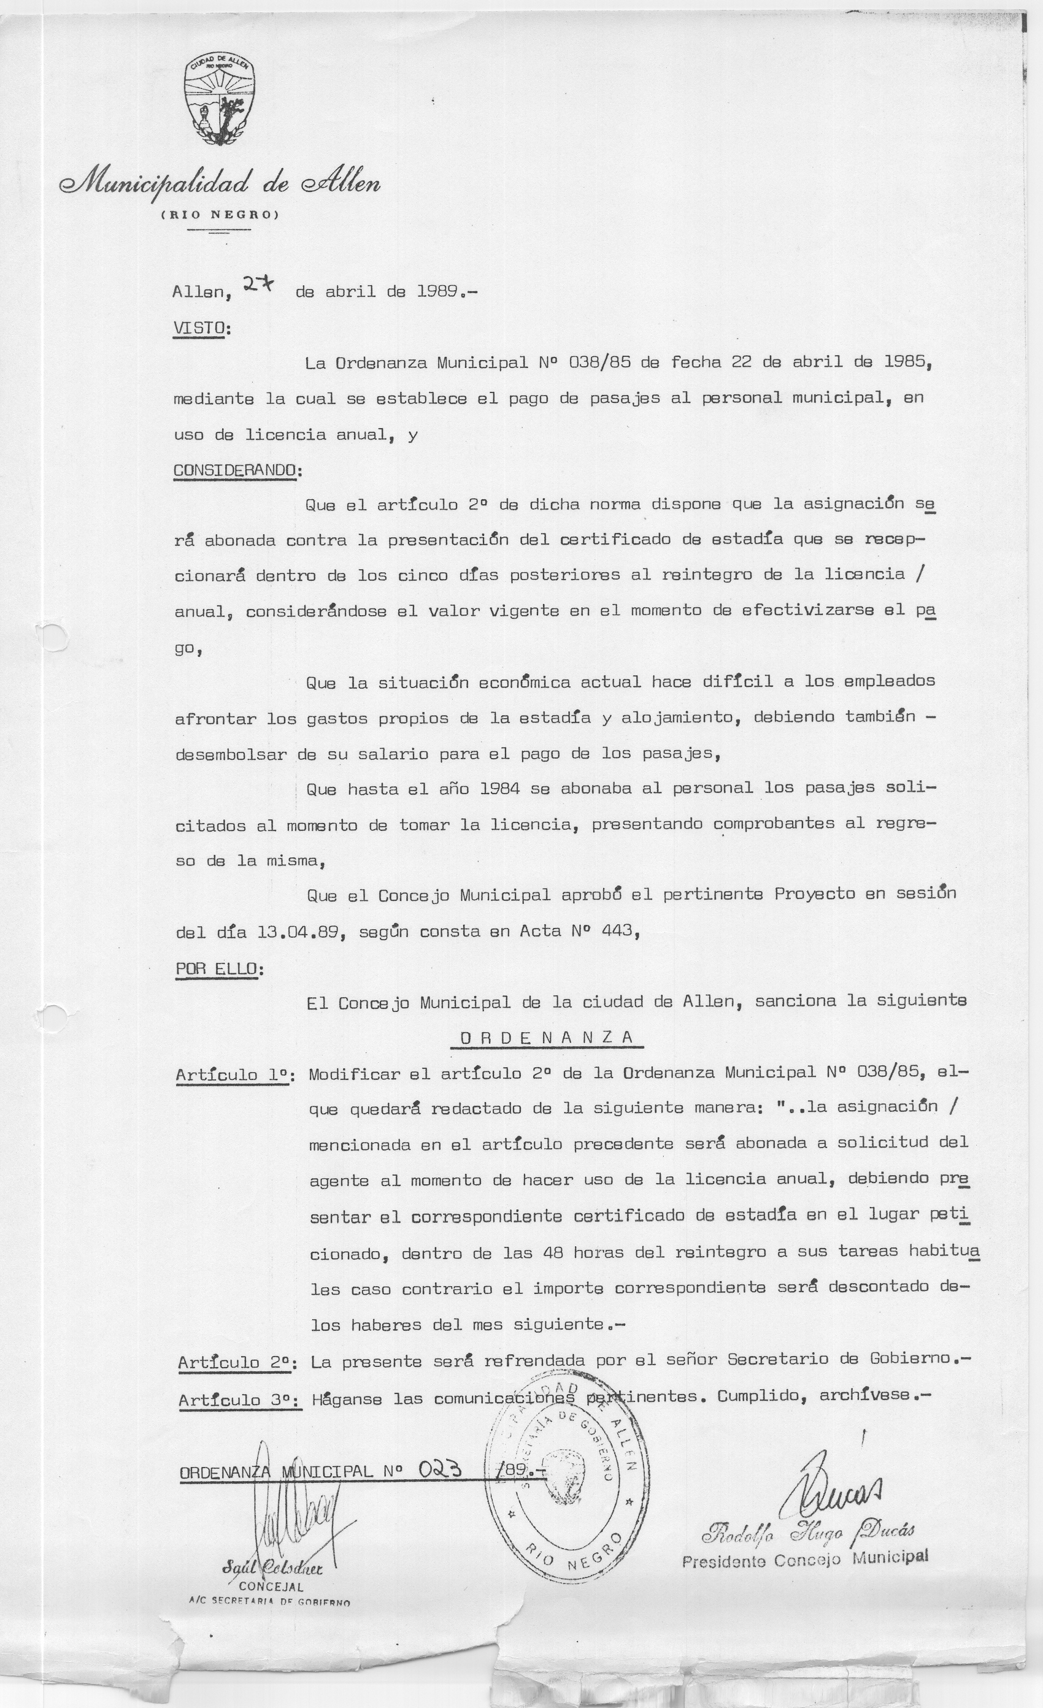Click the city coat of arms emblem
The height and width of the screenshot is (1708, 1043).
(x=219, y=101)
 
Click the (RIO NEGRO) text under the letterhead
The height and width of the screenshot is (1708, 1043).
(x=220, y=215)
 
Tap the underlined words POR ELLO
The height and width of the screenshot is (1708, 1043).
(x=217, y=968)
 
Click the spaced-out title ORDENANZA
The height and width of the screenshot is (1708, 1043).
(x=547, y=1037)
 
